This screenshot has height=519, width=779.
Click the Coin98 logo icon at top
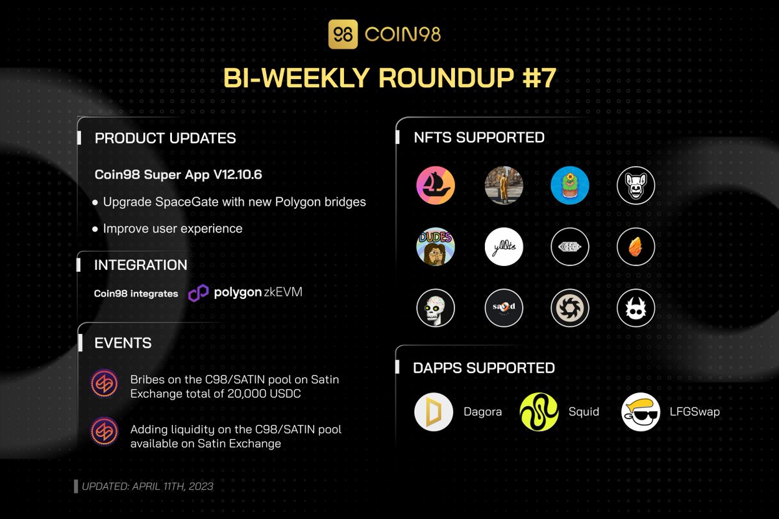[x=343, y=34]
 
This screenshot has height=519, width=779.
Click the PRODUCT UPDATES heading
[x=165, y=138]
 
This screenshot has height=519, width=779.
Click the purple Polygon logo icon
[x=199, y=293]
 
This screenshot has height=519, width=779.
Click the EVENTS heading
[x=123, y=343]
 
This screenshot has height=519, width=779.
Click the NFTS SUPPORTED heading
[x=479, y=138]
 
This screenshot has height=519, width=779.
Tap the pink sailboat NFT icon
[x=436, y=186]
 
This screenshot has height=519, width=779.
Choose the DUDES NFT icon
[x=436, y=247]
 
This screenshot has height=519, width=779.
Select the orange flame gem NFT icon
[x=636, y=247]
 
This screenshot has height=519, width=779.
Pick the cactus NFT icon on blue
[x=569, y=186]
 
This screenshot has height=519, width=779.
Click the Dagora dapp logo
[x=434, y=412]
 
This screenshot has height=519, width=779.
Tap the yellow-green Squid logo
[x=539, y=412]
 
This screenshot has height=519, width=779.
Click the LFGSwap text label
[x=695, y=411]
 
